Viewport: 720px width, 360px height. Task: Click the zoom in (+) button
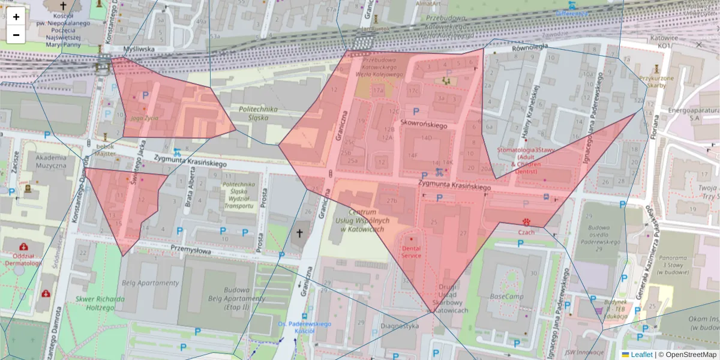16,17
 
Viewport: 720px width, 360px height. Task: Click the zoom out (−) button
16,35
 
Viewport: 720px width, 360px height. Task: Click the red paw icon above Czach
527,221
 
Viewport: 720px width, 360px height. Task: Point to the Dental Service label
412,251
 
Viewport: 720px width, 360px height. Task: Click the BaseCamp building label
507,296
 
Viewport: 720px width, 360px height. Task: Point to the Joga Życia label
144,118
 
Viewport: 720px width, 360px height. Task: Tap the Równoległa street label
530,47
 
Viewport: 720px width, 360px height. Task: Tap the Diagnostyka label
399,326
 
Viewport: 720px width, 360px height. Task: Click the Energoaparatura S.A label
694,115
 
